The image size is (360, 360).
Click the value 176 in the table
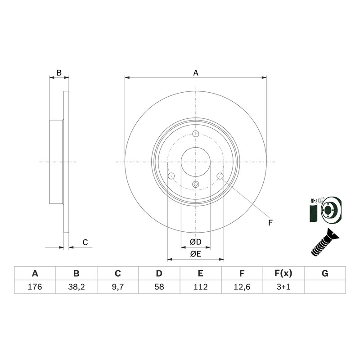35,287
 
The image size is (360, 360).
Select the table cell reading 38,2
76,287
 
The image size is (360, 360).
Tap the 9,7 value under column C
118,287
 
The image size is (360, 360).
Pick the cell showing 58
159,287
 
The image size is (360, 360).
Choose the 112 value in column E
200,287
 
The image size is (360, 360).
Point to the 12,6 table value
242,287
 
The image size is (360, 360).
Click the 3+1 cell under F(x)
283,287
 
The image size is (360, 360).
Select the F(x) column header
283,274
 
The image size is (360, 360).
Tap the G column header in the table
325,274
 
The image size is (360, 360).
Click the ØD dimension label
196,242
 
